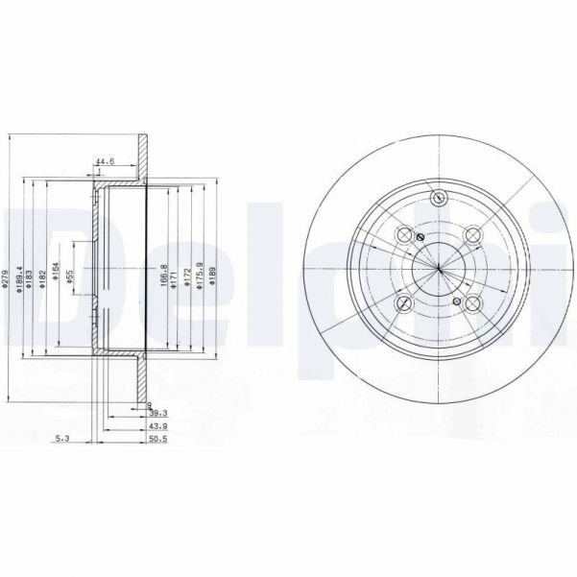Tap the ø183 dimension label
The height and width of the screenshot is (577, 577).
32,277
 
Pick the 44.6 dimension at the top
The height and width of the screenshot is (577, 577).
105,161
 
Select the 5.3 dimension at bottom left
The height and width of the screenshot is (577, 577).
64,439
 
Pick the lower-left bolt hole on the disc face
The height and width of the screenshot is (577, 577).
403,303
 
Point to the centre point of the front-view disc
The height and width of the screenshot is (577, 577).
438,269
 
